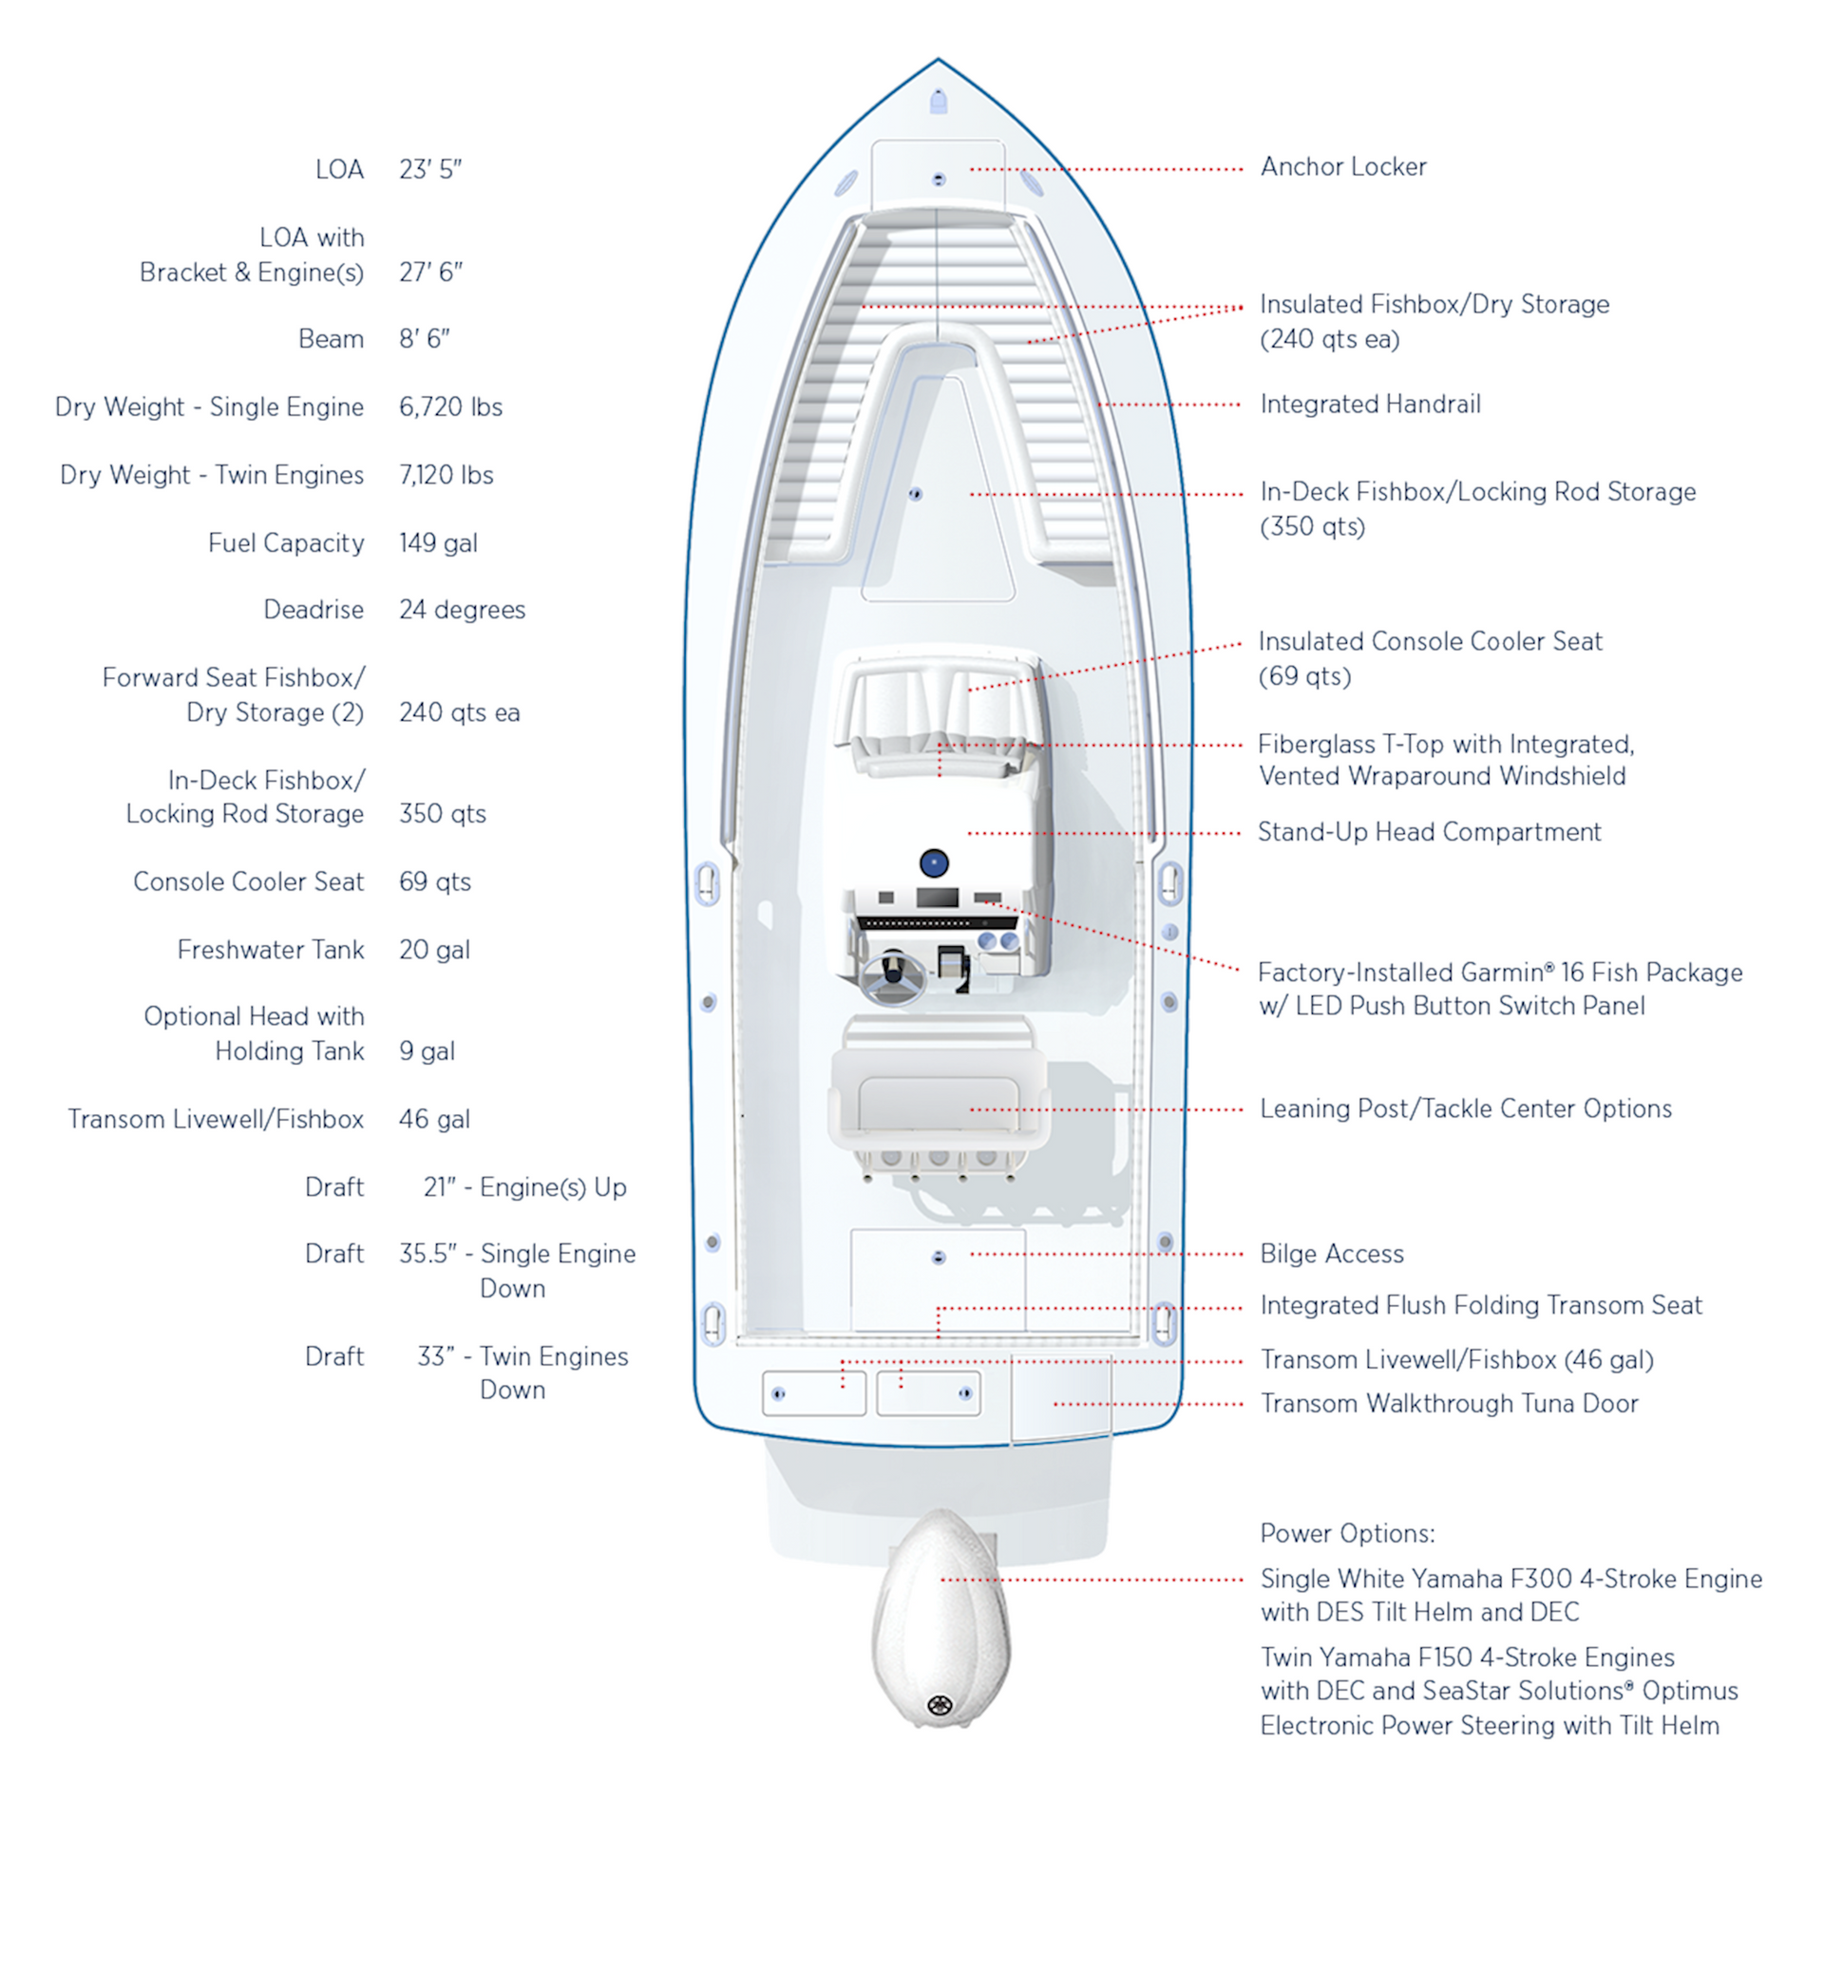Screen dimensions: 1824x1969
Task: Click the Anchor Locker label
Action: [1343, 167]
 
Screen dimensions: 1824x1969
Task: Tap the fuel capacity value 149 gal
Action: [438, 543]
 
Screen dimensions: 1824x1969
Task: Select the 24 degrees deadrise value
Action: [462, 610]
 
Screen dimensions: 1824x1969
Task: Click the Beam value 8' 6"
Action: [425, 338]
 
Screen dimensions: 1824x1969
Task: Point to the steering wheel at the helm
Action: [893, 977]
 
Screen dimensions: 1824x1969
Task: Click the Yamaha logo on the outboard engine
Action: [939, 1706]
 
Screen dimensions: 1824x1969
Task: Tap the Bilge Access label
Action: [1332, 1254]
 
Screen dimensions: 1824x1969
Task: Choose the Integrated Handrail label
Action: [1370, 404]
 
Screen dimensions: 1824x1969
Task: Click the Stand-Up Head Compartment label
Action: [1429, 832]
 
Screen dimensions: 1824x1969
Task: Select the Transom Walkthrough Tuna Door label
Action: [1449, 1404]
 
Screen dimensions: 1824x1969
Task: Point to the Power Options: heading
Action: [1347, 1533]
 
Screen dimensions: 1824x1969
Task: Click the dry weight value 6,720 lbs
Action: [450, 407]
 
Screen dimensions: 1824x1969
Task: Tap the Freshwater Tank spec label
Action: [271, 950]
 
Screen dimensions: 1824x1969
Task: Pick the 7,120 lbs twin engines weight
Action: [446, 475]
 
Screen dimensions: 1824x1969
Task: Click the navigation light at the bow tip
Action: [939, 101]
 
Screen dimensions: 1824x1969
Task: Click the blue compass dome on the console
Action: [934, 863]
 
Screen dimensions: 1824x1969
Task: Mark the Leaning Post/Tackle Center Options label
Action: [1466, 1108]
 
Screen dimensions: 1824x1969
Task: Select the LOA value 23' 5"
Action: [430, 170]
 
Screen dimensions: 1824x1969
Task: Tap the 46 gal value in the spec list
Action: [434, 1119]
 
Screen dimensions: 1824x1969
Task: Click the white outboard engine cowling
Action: [940, 1618]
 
